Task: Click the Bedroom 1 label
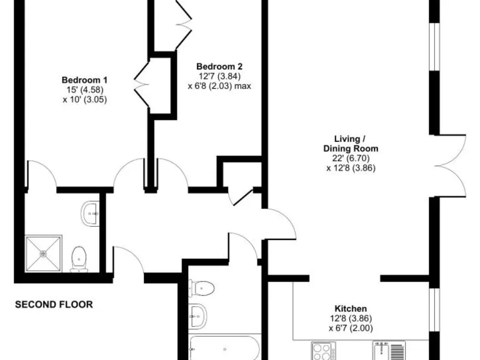tap(84, 80)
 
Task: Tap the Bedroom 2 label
tap(219, 67)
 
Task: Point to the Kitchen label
tap(351, 309)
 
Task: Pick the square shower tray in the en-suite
tap(43, 253)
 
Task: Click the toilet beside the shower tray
tap(79, 257)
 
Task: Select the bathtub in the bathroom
tap(223, 347)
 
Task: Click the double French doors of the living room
tap(449, 165)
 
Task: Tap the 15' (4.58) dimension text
tap(84, 89)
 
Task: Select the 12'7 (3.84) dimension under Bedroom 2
tap(219, 76)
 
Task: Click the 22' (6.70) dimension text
tap(351, 158)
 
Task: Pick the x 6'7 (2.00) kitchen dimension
tap(351, 328)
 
